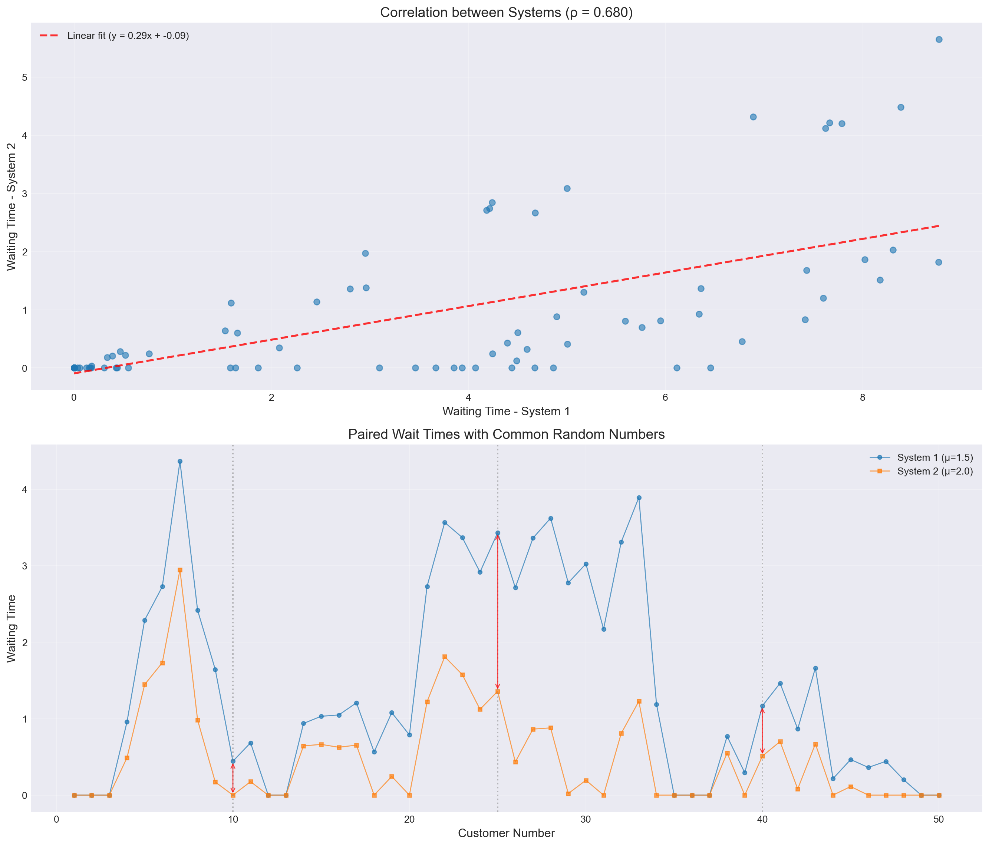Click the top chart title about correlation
coord(506,12)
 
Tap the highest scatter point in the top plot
coord(939,40)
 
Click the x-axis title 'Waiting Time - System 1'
coord(506,411)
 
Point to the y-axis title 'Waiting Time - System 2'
coord(11,206)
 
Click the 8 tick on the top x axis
coord(862,398)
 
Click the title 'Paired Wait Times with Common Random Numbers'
coord(506,434)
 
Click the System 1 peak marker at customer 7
coord(180,462)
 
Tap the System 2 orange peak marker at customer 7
coord(180,570)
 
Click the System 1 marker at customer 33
coord(639,498)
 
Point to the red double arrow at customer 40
coord(762,731)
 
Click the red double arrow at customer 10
coord(233,778)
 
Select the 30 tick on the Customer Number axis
coord(586,820)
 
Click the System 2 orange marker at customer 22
coord(444,657)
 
